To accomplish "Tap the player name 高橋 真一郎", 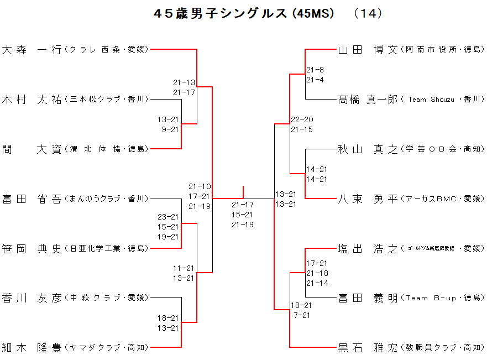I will (x=368, y=100).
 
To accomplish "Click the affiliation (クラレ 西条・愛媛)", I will (x=106, y=50).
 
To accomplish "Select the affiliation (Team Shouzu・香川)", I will (x=443, y=100).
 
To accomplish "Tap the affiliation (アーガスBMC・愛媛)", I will (x=443, y=199).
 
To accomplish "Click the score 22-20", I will (x=302, y=119).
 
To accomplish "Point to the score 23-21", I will (x=168, y=217).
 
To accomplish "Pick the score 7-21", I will (x=302, y=315).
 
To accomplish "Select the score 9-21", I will (x=170, y=129).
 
